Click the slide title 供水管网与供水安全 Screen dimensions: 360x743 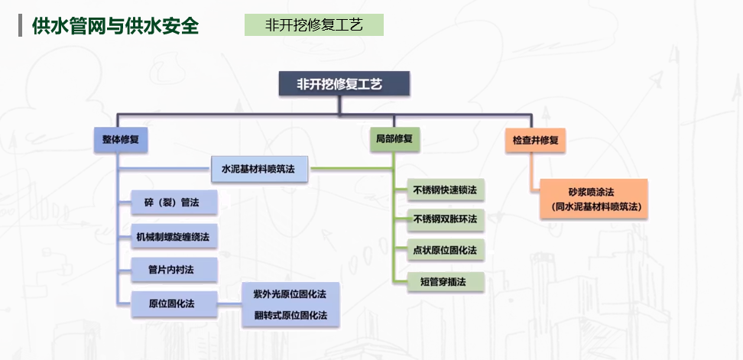115,25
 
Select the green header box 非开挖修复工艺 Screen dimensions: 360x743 313,25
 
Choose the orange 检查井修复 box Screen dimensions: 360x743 535,141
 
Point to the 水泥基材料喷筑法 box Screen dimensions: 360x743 258,168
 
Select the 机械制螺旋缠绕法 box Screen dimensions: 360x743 173,236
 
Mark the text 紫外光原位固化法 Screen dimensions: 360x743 284,294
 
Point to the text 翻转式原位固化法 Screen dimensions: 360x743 284,315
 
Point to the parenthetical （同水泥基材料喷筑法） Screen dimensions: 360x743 594,206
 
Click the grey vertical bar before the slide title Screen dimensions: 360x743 21,25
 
